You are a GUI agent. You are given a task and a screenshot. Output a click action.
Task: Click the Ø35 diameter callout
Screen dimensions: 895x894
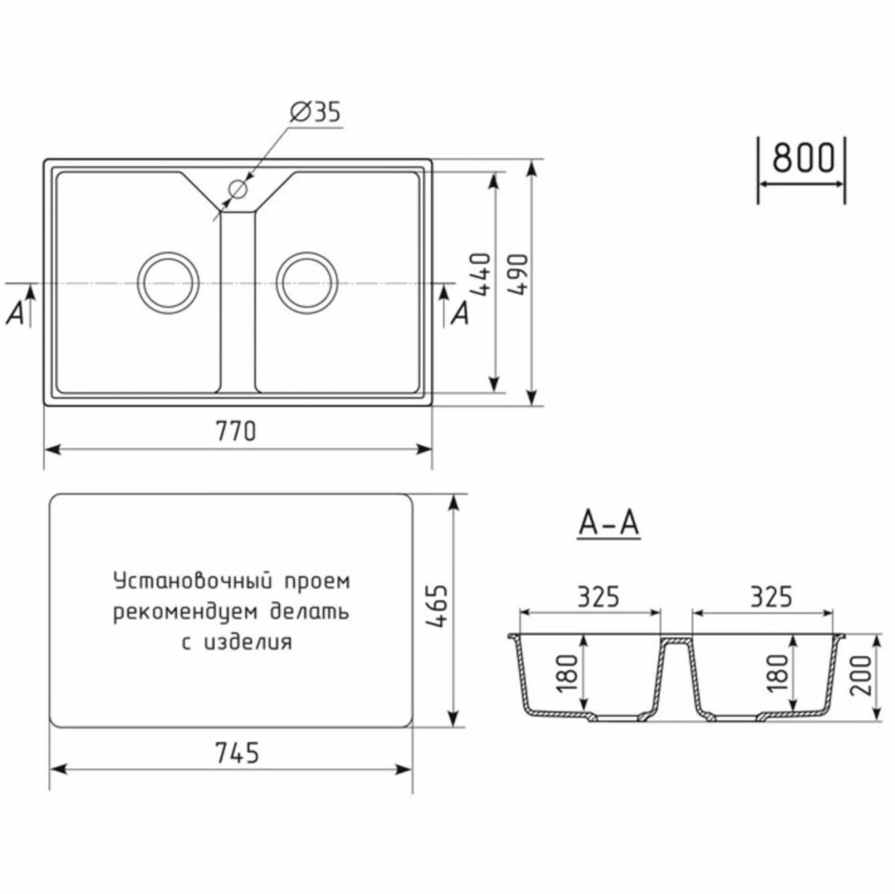pyautogui.click(x=315, y=112)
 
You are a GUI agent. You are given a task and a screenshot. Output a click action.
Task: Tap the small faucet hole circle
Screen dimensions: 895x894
pyautogui.click(x=237, y=189)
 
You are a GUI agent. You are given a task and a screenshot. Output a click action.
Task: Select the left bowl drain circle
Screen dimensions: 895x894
pyautogui.click(x=168, y=283)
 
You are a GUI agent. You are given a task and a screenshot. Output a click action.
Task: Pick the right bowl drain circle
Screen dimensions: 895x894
pyautogui.click(x=307, y=283)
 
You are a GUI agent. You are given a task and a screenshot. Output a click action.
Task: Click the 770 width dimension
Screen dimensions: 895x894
pyautogui.click(x=236, y=431)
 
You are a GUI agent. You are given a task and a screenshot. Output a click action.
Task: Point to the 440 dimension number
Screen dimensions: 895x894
pyautogui.click(x=481, y=275)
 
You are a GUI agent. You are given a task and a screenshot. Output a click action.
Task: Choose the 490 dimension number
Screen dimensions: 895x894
pyautogui.click(x=518, y=275)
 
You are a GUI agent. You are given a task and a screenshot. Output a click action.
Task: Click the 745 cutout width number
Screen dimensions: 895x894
pyautogui.click(x=237, y=753)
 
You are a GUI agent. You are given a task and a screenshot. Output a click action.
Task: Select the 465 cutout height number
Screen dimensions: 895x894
pyautogui.click(x=437, y=606)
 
